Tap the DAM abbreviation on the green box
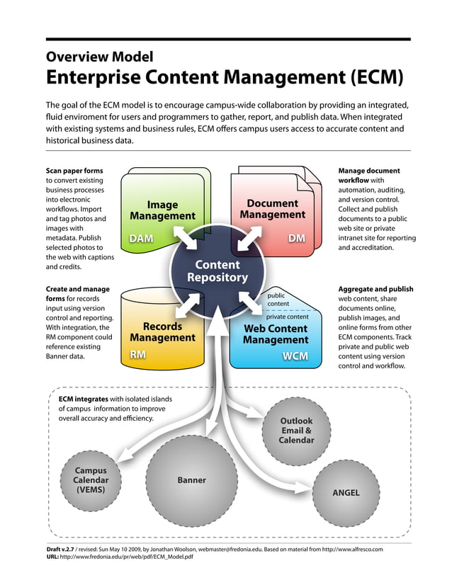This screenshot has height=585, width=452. pyautogui.click(x=142, y=239)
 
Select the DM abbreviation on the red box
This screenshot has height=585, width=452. pyautogui.click(x=296, y=239)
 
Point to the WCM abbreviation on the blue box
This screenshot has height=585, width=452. pyautogui.click(x=295, y=356)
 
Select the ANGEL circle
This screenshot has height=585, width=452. pyautogui.click(x=346, y=492)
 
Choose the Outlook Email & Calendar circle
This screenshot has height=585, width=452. pyautogui.click(x=296, y=431)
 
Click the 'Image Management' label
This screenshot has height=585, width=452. pyautogui.click(x=162, y=210)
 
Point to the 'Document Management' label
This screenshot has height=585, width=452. pyautogui.click(x=273, y=209)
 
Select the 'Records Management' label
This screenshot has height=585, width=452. pyautogui.click(x=162, y=332)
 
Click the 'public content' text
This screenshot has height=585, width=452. pyautogui.click(x=278, y=299)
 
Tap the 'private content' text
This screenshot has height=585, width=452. pyautogui.click(x=287, y=317)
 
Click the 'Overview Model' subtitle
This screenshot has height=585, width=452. pyautogui.click(x=99, y=56)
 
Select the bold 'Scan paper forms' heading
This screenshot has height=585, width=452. pyautogui.click(x=74, y=171)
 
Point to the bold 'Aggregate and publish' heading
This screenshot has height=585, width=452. pyautogui.click(x=375, y=289)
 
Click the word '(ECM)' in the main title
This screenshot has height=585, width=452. pyautogui.click(x=370, y=76)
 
